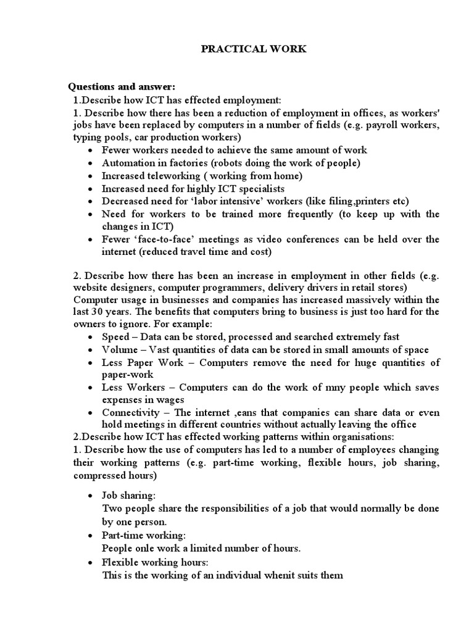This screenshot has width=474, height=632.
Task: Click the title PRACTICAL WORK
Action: [253, 49]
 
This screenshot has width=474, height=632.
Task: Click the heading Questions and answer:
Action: [117, 86]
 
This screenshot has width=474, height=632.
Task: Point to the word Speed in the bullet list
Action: [115, 337]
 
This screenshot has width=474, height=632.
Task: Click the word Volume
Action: [119, 349]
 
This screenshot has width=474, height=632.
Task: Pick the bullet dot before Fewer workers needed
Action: [91, 151]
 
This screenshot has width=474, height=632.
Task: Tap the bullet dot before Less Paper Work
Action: [91, 363]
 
